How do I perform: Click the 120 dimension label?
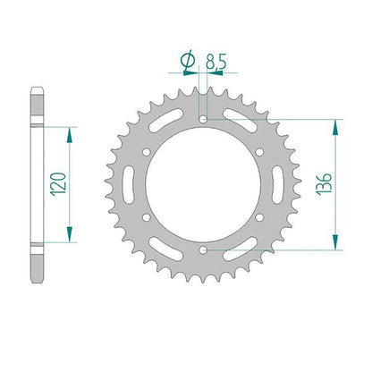59,184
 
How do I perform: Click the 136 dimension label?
324,184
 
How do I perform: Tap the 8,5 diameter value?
216,63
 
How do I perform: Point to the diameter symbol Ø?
188,61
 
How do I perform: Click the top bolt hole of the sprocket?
203,120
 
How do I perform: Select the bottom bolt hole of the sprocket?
203,250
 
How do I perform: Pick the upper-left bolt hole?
146,152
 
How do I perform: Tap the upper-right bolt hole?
259,152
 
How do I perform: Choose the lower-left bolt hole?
146,217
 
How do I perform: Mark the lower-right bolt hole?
259,217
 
